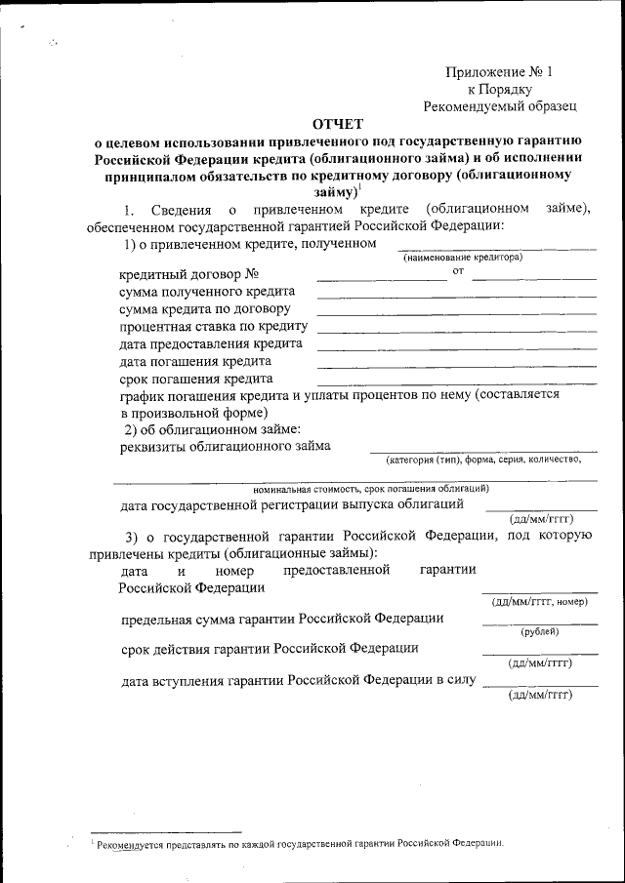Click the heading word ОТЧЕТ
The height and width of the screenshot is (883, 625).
tap(337, 123)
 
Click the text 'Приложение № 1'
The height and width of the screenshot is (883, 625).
tap(499, 71)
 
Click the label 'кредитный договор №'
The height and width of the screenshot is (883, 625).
tap(188, 276)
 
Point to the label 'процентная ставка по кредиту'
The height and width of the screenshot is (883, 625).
tap(214, 327)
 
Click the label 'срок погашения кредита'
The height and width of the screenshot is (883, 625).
tap(195, 379)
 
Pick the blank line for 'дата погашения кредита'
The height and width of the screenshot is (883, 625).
tap(456, 366)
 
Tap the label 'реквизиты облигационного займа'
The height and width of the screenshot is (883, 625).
tap(225, 447)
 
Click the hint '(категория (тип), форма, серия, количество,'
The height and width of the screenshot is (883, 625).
tap(483, 459)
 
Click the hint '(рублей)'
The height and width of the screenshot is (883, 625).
tap(539, 631)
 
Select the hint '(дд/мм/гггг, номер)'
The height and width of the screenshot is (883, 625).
tap(539, 601)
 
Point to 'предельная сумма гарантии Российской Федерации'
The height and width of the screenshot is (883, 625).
tap(282, 619)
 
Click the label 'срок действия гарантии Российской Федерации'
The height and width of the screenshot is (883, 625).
tap(271, 648)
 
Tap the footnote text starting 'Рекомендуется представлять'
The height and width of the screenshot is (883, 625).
tap(298, 842)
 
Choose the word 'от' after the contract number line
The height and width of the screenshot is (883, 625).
tap(458, 270)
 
